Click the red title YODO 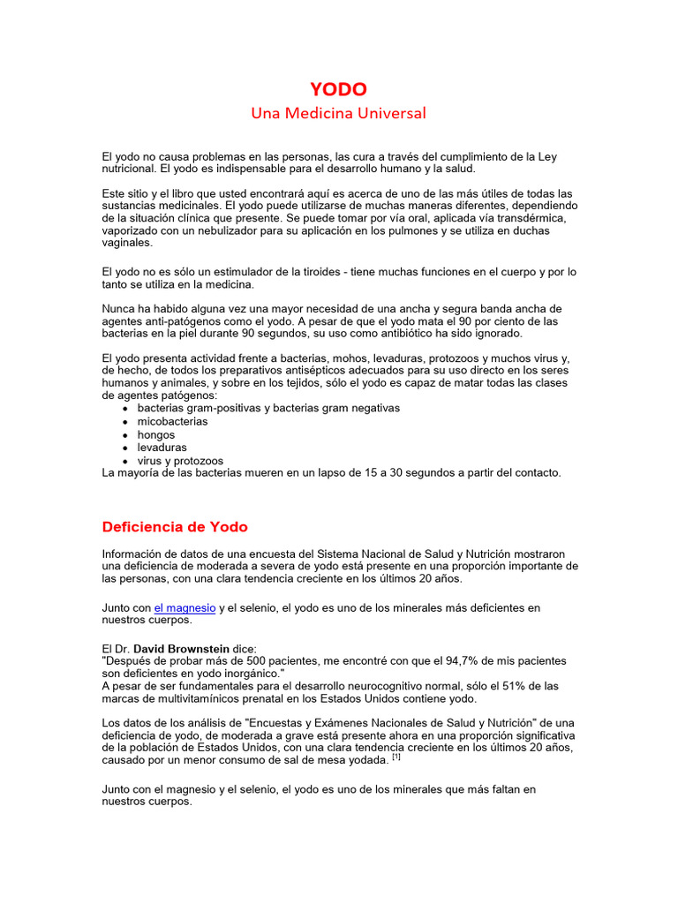338,89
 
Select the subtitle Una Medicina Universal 338,113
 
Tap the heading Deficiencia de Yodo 175,527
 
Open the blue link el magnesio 185,607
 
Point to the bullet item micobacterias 172,421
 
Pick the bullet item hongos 155,434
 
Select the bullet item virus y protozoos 180,461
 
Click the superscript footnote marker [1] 396,756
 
